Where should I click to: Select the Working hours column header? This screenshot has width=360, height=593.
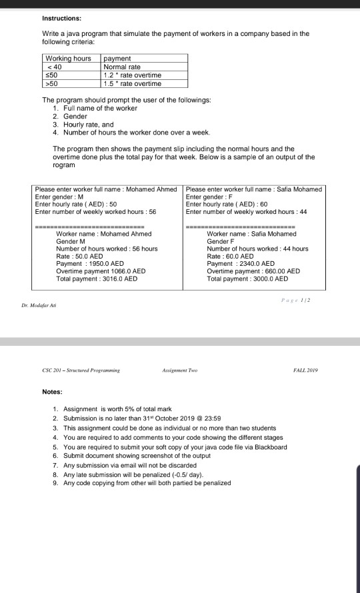pyautogui.click(x=68, y=59)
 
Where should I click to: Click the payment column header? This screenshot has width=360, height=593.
pyautogui.click(x=117, y=59)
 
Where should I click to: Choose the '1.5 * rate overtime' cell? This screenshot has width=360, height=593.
pyautogui.click(x=133, y=83)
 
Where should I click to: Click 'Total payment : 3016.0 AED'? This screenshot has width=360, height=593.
pyautogui.click(x=97, y=279)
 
